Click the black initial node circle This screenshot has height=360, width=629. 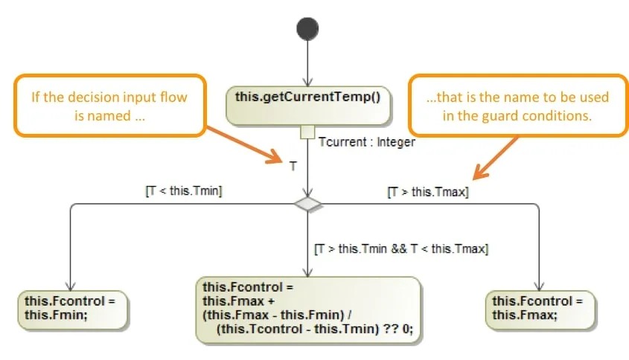click(x=307, y=29)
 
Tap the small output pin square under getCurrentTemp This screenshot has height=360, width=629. click(x=307, y=132)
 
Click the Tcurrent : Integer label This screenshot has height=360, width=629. click(x=366, y=142)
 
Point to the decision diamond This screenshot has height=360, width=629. click(x=307, y=204)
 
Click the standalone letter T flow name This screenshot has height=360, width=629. click(x=293, y=167)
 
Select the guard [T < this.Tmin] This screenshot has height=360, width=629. click(x=184, y=191)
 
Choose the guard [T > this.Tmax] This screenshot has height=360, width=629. click(x=427, y=192)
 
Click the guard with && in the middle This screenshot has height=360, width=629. click(x=400, y=248)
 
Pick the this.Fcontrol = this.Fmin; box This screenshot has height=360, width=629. click(x=71, y=308)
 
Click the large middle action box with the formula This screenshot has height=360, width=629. click(x=307, y=309)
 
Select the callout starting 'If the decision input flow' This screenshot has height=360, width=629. click(x=109, y=105)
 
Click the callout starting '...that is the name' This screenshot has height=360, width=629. click(x=517, y=105)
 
